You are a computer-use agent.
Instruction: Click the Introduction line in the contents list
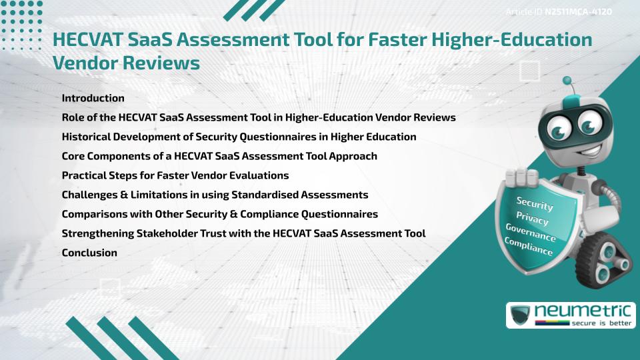93,98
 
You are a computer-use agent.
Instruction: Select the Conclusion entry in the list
89,253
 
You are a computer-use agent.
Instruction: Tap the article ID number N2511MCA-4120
578,11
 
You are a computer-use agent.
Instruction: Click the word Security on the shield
534,203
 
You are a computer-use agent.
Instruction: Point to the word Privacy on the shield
532,219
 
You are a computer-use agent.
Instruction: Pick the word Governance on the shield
531,233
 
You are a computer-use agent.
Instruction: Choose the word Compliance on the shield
529,247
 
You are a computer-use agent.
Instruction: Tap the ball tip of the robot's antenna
568,83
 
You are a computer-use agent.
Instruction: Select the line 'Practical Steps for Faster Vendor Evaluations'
175,175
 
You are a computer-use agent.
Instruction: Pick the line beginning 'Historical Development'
239,137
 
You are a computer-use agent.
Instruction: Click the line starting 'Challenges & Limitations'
215,195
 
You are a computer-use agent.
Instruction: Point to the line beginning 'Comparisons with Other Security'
219,214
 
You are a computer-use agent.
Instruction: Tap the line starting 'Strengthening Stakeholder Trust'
243,233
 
